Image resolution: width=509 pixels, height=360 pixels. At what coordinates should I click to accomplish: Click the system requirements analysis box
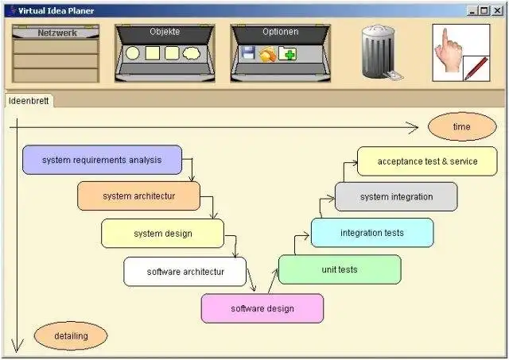[102, 160]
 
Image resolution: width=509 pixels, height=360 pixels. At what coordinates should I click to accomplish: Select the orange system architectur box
[138, 195]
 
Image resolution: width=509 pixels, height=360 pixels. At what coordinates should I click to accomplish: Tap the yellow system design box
[162, 234]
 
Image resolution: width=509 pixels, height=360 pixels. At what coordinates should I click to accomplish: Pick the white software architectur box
[185, 271]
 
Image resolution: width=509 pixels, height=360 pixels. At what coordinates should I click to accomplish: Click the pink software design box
[262, 308]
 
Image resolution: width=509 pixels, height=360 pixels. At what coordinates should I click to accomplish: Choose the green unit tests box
[339, 269]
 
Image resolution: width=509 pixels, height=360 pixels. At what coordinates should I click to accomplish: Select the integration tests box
[371, 233]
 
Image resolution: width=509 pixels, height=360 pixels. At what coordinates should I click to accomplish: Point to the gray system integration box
[395, 196]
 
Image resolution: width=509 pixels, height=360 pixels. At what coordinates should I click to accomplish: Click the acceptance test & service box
[426, 161]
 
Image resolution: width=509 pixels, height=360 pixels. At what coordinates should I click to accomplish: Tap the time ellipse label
[461, 126]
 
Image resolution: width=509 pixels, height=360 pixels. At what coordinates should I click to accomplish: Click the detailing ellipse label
[71, 336]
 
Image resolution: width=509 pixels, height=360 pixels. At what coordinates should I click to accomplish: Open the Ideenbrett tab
[29, 101]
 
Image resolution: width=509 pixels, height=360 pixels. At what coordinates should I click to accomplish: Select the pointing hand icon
[450, 46]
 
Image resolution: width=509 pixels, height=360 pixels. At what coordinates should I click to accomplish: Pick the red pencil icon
[476, 68]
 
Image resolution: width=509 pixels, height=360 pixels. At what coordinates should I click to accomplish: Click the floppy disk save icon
[248, 54]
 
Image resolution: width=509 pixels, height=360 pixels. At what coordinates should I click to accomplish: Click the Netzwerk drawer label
[56, 33]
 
